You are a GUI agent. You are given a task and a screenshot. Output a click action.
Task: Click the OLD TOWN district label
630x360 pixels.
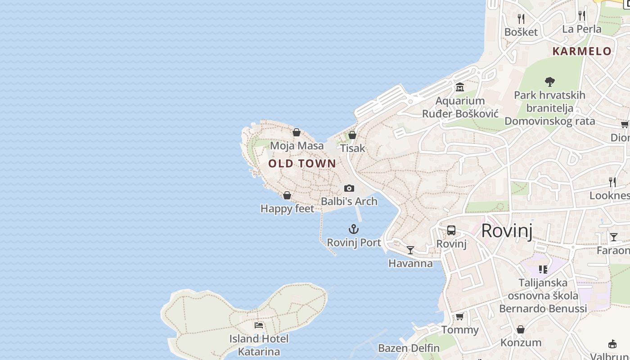[x=302, y=163]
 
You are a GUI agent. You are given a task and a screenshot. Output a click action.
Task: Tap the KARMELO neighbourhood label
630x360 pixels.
[x=582, y=51]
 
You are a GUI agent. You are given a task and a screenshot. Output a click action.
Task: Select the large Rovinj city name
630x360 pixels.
[x=507, y=231]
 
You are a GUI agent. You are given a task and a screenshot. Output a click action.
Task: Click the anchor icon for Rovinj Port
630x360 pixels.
[x=354, y=229]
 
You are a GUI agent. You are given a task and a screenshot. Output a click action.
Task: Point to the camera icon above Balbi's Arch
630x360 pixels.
[x=349, y=188]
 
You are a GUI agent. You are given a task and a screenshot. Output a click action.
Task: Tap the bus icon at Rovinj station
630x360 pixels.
[x=451, y=230]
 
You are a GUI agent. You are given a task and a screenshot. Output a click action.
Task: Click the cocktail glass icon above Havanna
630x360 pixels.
[x=410, y=250]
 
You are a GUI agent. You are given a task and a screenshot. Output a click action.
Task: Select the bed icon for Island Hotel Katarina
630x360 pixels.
[x=259, y=325]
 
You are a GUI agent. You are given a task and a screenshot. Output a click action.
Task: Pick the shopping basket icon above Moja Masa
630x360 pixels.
[x=297, y=132]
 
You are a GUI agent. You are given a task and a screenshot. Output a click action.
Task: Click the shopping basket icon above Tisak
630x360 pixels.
[x=352, y=135]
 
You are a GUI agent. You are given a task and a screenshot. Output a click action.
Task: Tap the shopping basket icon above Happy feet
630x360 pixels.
[x=287, y=195]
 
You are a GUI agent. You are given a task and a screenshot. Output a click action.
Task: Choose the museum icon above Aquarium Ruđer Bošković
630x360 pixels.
[x=460, y=87]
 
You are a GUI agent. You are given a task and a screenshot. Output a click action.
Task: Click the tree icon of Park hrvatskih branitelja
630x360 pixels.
[x=549, y=82]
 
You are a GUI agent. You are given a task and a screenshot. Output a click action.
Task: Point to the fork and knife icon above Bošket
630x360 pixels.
[x=521, y=18]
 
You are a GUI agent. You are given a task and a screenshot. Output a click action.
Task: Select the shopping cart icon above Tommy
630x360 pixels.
[x=459, y=317]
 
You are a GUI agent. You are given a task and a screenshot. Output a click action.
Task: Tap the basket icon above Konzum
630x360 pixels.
[x=521, y=329]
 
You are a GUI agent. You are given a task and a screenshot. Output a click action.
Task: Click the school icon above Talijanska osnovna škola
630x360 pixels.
[x=543, y=270]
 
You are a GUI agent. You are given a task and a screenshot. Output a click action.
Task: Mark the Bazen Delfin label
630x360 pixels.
[x=409, y=348]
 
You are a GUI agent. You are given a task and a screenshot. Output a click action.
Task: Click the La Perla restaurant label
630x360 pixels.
[x=581, y=29]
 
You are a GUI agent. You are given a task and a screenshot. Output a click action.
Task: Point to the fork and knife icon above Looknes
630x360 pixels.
[x=612, y=182]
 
